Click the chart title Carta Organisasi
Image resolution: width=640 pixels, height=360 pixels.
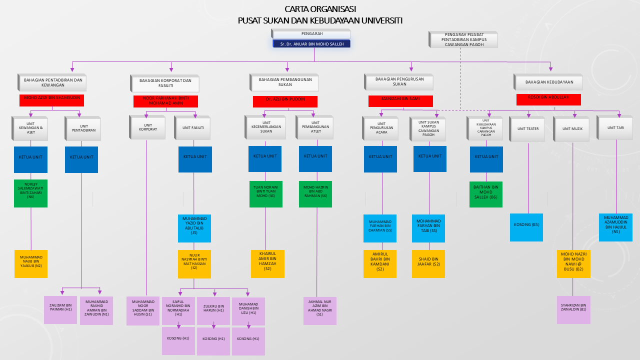(320, 9)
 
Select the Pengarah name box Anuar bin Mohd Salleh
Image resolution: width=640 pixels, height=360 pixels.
(311, 44)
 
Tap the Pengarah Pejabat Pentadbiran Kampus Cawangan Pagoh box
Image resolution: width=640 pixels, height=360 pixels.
(463, 39)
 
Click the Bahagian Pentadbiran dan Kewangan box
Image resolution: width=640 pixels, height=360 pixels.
(52, 82)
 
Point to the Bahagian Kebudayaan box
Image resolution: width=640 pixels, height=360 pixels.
(549, 82)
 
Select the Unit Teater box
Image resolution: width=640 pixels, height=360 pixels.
(528, 128)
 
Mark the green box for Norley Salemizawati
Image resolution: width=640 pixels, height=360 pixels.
(31, 193)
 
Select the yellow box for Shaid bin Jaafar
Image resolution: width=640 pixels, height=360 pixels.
(428, 263)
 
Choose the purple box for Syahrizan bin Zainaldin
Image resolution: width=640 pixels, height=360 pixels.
(573, 309)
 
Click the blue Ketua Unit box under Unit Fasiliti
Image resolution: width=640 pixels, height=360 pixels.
(195, 159)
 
